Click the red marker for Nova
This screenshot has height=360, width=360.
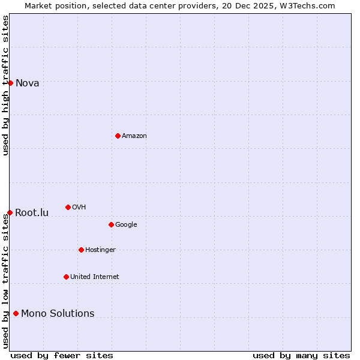[10, 83]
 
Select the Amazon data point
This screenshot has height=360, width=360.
[118, 136]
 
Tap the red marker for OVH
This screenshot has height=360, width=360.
[68, 207]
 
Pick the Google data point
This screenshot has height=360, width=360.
[111, 224]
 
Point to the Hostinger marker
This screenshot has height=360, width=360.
[81, 250]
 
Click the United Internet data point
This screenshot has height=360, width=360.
[66, 277]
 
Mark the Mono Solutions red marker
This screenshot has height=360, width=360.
[16, 313]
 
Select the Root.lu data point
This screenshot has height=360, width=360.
[10, 212]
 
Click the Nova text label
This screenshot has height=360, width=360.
[27, 83]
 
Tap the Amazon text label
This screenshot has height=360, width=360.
[134, 136]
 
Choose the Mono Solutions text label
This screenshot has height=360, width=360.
[58, 313]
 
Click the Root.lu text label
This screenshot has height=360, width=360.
[32, 212]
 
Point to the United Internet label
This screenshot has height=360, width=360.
[94, 277]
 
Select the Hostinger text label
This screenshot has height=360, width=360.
[100, 250]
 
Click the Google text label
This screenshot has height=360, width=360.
[126, 224]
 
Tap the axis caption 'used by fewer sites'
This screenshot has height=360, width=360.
[62, 355]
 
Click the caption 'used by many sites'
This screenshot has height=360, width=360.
[301, 355]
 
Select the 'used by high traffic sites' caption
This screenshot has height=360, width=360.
[5, 85]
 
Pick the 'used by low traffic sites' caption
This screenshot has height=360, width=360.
[5, 280]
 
